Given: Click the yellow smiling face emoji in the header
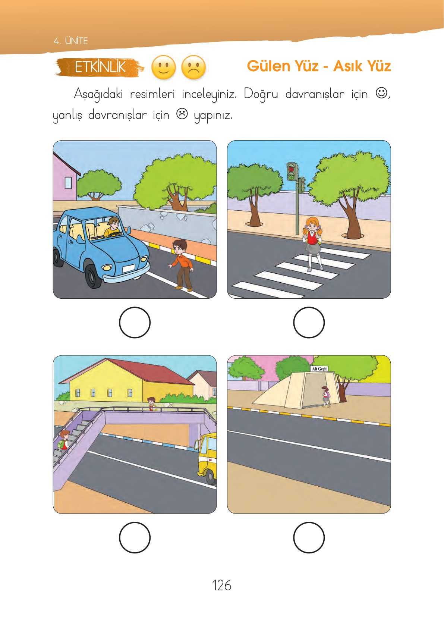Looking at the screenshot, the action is (x=163, y=67).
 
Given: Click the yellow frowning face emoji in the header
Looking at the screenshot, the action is (x=193, y=67).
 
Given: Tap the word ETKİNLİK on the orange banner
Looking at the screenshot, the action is (x=100, y=67).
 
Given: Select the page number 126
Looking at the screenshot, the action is (x=222, y=585).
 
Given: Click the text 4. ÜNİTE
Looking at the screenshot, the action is (x=70, y=41).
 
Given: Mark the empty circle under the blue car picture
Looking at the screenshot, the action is (x=135, y=323).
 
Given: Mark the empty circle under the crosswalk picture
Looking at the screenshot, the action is (x=309, y=323).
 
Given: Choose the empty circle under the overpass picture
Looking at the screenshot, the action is (x=135, y=537).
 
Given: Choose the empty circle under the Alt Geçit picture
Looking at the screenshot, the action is (x=309, y=537).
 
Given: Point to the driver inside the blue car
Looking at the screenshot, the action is (x=112, y=227).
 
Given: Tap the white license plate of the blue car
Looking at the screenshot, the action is (x=129, y=268).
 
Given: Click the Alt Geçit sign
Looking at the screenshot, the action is (x=319, y=369).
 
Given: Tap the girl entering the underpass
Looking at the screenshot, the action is (x=326, y=396).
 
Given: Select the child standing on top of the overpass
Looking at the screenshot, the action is (x=152, y=404).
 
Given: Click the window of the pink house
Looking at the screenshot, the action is (x=68, y=183).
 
